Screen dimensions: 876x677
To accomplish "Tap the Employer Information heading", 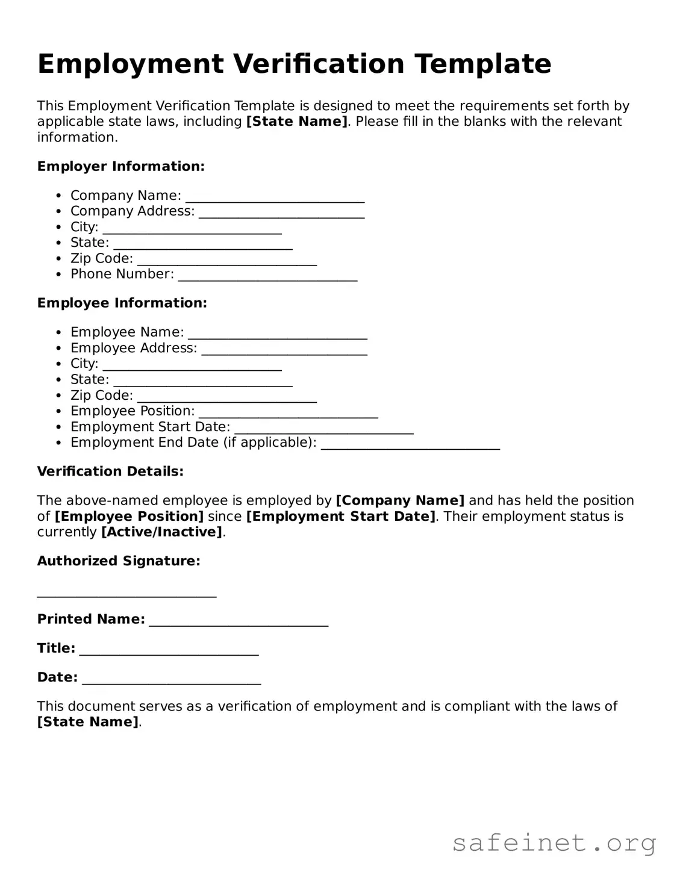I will point(120,167).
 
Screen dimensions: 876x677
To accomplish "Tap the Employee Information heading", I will point(122,303).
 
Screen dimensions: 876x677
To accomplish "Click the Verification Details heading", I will point(110,471).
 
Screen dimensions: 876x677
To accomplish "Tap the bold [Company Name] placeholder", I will point(400,501).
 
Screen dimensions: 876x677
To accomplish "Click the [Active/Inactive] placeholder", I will point(161,532).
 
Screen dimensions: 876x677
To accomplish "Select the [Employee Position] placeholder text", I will point(129,517).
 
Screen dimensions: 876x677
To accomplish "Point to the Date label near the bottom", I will point(57,677).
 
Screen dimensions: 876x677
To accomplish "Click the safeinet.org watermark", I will point(554,843).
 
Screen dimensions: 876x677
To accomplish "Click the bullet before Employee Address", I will point(58,348).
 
